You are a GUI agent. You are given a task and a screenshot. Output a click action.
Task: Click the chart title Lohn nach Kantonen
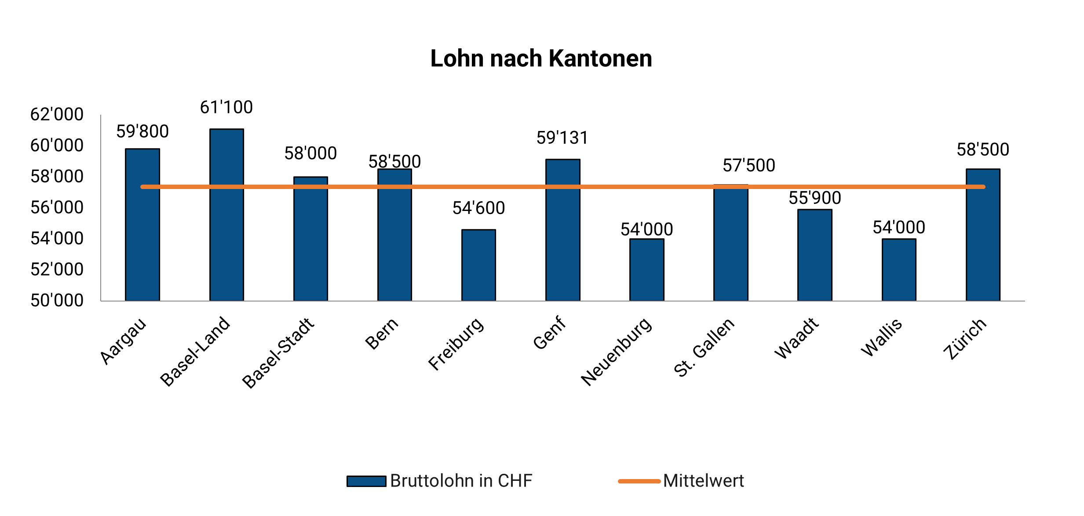pos(541,58)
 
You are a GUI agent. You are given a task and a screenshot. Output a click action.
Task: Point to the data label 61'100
pos(226,107)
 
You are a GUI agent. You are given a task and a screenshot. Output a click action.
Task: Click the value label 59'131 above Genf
pos(562,138)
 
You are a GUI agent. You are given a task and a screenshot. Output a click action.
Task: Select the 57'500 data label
pos(749,166)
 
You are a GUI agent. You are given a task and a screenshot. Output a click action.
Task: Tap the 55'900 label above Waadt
pos(815,198)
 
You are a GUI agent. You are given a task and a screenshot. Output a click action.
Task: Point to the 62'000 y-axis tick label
pos(57,114)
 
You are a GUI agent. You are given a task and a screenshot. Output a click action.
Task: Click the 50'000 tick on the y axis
pos(57,301)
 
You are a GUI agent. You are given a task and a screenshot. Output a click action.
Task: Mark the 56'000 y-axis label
pos(57,207)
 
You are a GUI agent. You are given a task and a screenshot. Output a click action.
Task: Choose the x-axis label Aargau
pos(123,341)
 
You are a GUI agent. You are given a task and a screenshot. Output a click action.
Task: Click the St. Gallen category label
pos(704,347)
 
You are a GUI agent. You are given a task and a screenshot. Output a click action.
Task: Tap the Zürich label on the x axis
pos(965,339)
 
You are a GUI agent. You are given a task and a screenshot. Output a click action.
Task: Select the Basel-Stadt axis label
pos(278,352)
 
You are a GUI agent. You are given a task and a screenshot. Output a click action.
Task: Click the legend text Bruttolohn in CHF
pos(461,481)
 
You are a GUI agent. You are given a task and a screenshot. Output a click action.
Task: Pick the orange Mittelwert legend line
pos(639,481)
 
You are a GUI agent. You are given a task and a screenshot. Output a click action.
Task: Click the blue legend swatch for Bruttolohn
pos(366,481)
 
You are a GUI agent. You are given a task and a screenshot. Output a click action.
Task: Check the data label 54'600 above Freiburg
pos(478,208)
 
